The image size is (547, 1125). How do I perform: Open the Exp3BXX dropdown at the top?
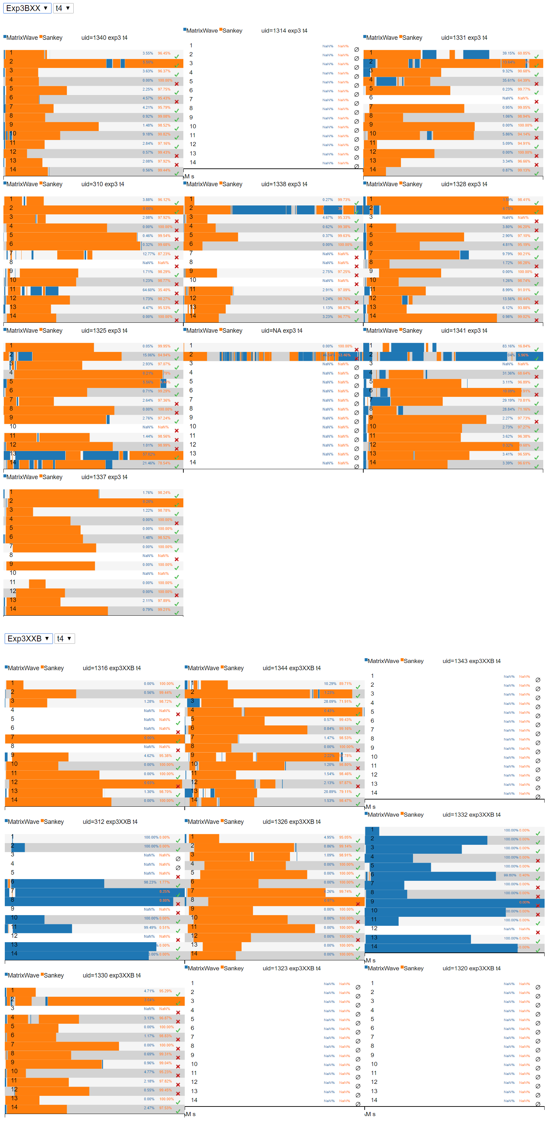tap(27, 8)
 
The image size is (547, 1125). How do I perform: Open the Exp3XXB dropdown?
tap(28, 639)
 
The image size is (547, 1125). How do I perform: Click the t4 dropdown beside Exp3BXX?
tap(63, 8)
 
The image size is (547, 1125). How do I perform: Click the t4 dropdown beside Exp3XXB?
tap(64, 639)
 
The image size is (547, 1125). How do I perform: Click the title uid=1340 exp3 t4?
tap(104, 38)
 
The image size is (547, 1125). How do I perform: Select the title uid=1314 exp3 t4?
tap(284, 31)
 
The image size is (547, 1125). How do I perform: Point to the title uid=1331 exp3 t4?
tap(464, 38)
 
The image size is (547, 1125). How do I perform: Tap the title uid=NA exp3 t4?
tap(282, 331)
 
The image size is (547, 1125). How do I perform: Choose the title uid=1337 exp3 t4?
tap(104, 477)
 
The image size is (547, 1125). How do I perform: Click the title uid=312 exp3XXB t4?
tap(110, 821)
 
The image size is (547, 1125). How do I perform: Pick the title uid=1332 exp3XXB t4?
tap(472, 815)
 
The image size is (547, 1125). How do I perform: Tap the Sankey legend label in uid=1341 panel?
tap(412, 331)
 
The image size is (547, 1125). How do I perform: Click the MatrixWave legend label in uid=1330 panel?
tap(24, 975)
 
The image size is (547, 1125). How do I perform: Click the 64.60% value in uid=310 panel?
tap(148, 290)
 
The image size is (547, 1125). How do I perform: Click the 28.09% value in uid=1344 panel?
tap(330, 702)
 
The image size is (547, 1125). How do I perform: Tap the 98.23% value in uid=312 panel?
tap(150, 882)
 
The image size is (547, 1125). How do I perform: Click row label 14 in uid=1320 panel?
tap(374, 1100)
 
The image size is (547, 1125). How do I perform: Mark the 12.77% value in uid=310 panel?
tap(148, 254)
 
